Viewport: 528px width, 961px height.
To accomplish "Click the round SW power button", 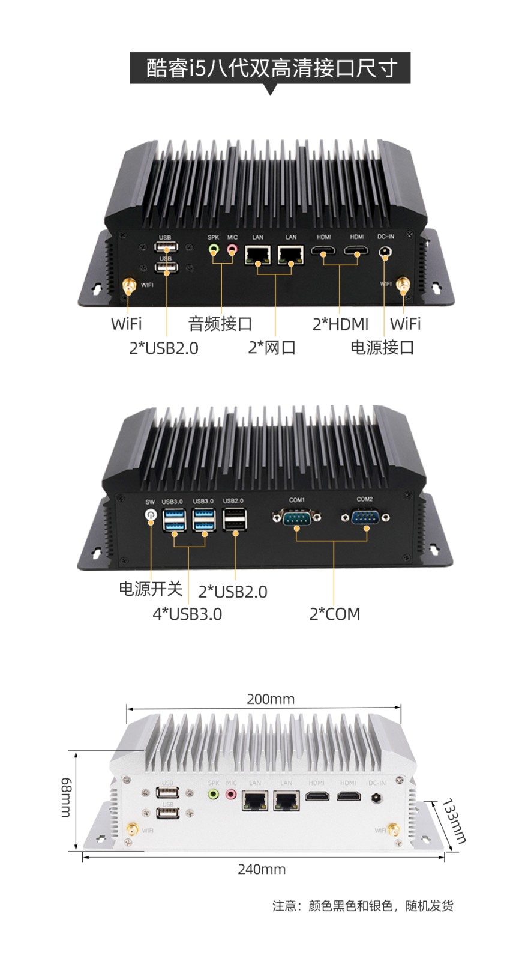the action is (151, 515).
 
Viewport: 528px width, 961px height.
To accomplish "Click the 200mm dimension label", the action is (271, 699).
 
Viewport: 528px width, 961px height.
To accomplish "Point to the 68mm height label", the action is (67, 797).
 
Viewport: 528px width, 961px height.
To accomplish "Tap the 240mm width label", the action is (262, 869).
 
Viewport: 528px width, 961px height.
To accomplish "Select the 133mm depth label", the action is (454, 821).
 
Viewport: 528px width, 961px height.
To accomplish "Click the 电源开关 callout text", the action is (150, 589).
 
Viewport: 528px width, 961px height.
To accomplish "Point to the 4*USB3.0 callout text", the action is (187, 614).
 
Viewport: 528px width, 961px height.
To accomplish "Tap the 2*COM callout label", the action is (335, 614).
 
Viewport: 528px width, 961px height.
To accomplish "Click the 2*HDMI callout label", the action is (340, 324).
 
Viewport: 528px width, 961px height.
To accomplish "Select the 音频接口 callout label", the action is (220, 324).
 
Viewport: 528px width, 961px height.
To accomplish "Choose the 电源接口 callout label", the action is (382, 347).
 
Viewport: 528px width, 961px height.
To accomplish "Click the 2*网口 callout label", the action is (272, 348).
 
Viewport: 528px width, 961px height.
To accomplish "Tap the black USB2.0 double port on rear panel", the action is (234, 519).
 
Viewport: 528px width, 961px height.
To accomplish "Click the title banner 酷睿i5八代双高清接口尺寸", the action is (271, 68).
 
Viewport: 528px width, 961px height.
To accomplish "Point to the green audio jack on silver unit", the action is (213, 795).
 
